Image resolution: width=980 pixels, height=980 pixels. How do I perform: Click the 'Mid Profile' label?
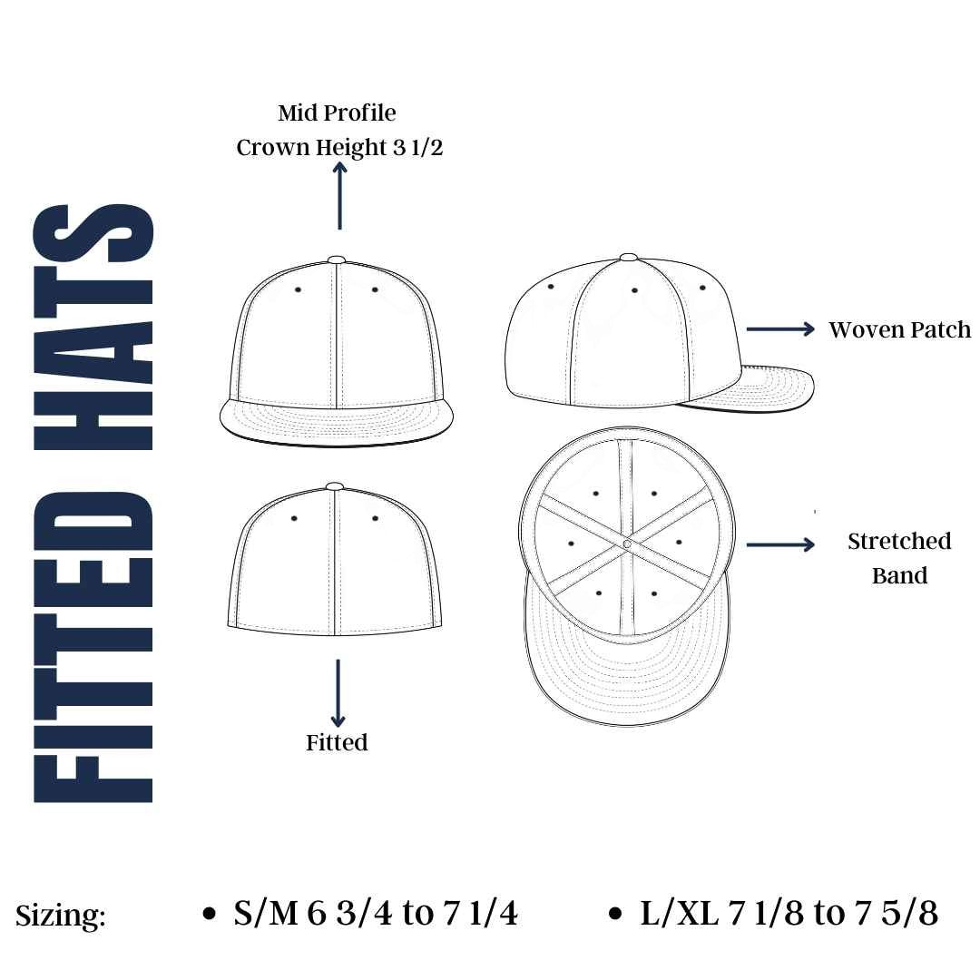click(337, 113)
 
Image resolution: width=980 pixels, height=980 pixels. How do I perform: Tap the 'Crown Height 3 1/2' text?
click(339, 148)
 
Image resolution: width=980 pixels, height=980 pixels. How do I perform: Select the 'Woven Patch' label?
click(899, 329)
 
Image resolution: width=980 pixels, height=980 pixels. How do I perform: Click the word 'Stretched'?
click(899, 541)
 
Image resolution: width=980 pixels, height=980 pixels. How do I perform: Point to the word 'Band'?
click(899, 575)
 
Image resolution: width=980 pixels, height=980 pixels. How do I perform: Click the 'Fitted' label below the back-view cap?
click(337, 742)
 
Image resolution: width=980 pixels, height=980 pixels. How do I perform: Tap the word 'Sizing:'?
click(61, 916)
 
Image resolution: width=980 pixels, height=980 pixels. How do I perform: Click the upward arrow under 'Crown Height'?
click(339, 196)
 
